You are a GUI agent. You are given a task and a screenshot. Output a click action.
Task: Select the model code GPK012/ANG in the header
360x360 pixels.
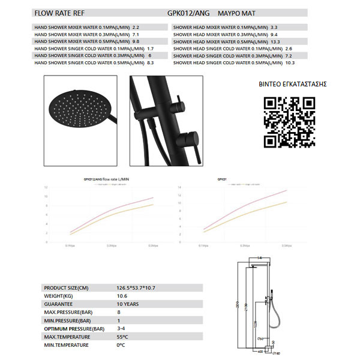pos(188,11)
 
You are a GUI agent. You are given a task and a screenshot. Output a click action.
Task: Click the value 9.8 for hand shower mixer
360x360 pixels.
pos(136,42)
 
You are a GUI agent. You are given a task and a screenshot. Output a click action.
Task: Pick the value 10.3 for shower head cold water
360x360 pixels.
pos(290,62)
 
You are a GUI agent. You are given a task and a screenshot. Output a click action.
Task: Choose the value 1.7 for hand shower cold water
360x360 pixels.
pos(151,49)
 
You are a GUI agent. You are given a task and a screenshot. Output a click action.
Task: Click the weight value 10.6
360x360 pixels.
pos(123,296)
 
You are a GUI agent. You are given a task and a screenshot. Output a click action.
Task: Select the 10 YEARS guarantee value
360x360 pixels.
pos(128,304)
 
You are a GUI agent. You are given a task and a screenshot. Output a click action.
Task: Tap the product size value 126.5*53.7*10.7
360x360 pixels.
pos(136,288)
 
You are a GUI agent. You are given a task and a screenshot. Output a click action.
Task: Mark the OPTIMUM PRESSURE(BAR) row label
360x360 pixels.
pos(74,329)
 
